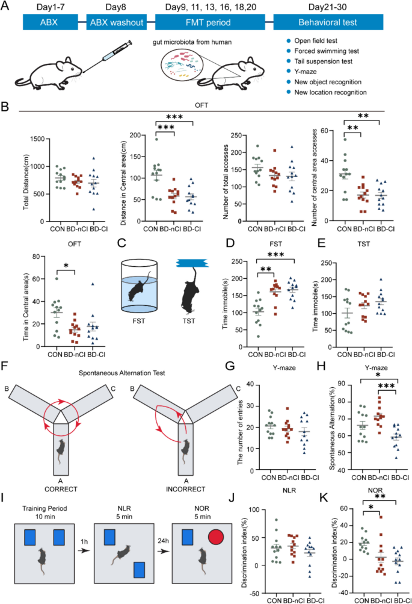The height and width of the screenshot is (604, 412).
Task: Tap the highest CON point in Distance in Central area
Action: coord(156,139)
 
